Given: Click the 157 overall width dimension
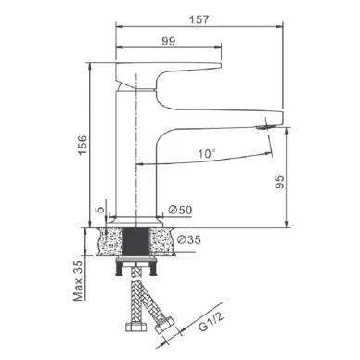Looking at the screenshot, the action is (199, 19).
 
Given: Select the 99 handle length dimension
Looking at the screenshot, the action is (169, 41).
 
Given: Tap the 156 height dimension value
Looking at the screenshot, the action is (83, 146).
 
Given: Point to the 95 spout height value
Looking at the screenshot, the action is (279, 182).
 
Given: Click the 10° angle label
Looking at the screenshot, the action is (207, 153).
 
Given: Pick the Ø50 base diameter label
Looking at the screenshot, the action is (180, 210).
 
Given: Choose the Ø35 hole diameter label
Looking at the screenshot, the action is (189, 239).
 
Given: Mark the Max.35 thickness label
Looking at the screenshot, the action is (78, 281).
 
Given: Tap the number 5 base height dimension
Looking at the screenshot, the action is (100, 210).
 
